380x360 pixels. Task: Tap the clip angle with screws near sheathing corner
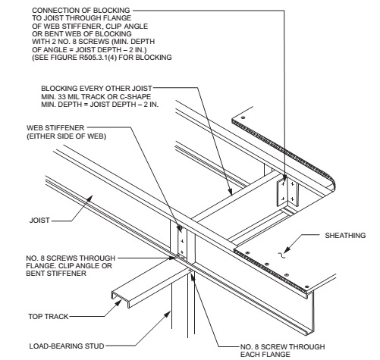[x=287, y=190]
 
